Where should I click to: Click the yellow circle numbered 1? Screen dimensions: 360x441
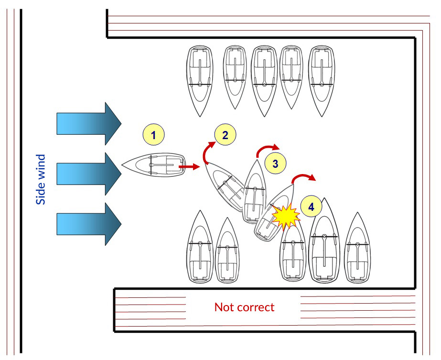click(153, 135)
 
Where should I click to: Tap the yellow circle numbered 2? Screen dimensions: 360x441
click(225, 135)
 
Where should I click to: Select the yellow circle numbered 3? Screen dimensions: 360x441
click(275, 164)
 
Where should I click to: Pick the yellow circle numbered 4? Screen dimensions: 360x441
click(312, 207)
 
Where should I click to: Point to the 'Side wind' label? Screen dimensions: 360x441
click(41, 179)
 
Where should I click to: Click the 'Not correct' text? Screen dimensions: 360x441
click(244, 307)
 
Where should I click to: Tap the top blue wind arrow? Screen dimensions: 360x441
click(88, 124)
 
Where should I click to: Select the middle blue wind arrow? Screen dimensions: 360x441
click(88, 173)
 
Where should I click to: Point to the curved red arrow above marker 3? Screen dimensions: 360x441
click(268, 149)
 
